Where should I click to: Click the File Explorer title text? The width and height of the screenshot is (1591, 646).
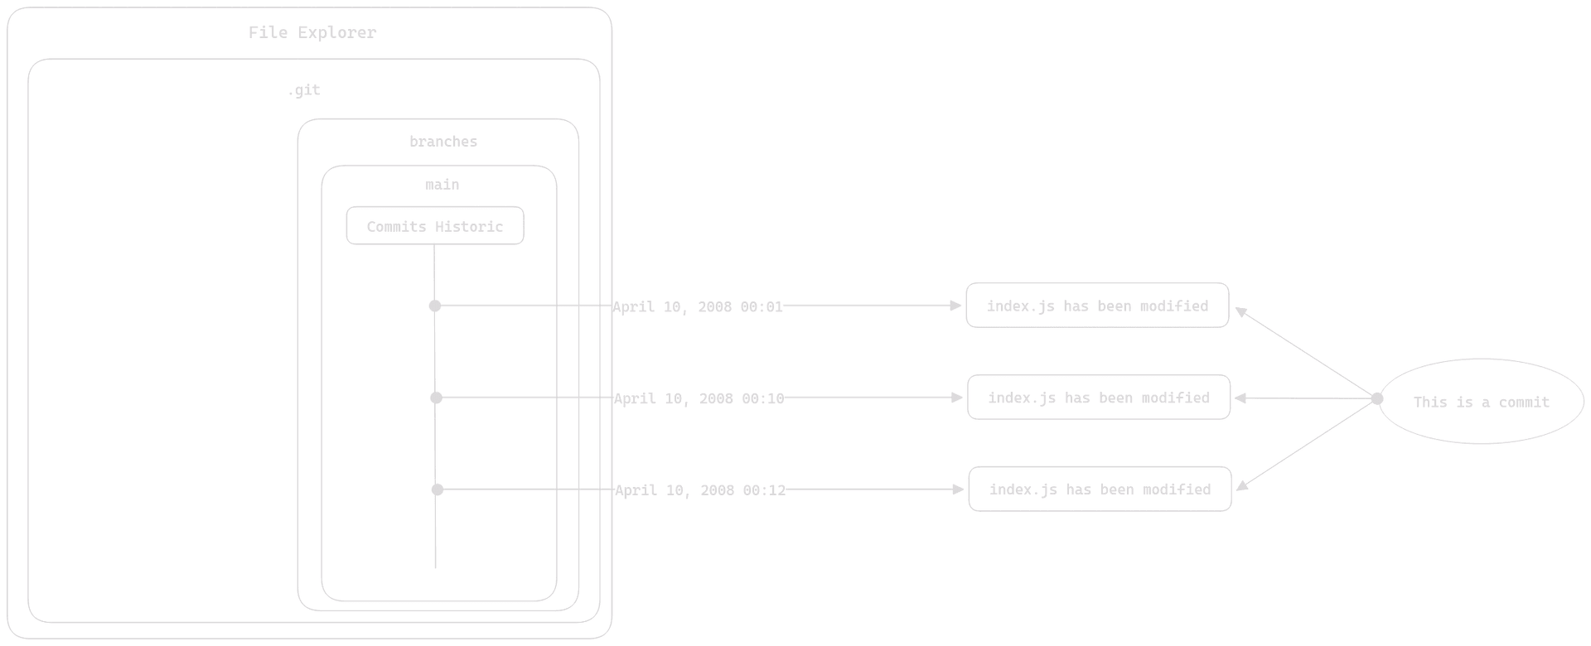point(312,33)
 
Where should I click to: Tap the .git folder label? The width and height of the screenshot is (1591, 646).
point(303,90)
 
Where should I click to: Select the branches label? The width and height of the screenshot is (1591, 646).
point(443,142)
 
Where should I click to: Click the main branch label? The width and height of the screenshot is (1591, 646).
point(442,185)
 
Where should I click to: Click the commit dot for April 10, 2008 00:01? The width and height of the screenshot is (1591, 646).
point(435,306)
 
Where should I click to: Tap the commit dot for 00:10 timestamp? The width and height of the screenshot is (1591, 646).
point(436,398)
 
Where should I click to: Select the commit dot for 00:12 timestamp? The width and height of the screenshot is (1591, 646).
point(437,490)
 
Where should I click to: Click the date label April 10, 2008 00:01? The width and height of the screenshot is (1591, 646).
point(698,307)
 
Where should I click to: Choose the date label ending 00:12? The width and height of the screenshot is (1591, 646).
point(700,490)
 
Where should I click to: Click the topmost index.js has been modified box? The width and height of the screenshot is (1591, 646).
point(1097,306)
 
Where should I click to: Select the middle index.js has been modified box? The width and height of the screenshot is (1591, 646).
point(1099,398)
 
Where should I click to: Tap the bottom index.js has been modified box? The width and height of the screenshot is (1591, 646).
point(1100,489)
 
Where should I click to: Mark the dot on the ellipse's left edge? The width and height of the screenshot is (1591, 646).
point(1377,399)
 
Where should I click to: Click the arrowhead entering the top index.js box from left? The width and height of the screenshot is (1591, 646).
point(956,306)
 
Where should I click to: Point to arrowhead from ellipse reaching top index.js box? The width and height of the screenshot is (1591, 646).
point(1241,311)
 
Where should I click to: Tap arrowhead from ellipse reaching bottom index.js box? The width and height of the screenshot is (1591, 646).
point(1244,485)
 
